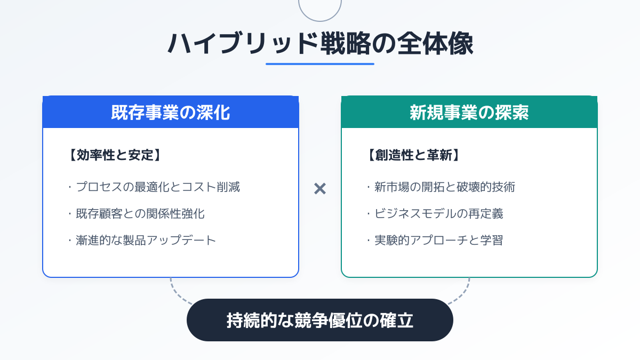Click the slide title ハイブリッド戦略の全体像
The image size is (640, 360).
(320, 44)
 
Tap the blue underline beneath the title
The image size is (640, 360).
(320, 64)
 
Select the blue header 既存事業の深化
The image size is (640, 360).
(171, 113)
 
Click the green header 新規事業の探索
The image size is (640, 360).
(469, 113)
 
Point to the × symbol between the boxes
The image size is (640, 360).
(320, 188)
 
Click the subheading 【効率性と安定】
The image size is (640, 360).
(115, 155)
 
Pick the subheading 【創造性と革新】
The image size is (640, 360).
(413, 155)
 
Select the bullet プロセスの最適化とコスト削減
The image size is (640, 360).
(157, 187)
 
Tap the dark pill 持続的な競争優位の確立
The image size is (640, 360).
(320, 320)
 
